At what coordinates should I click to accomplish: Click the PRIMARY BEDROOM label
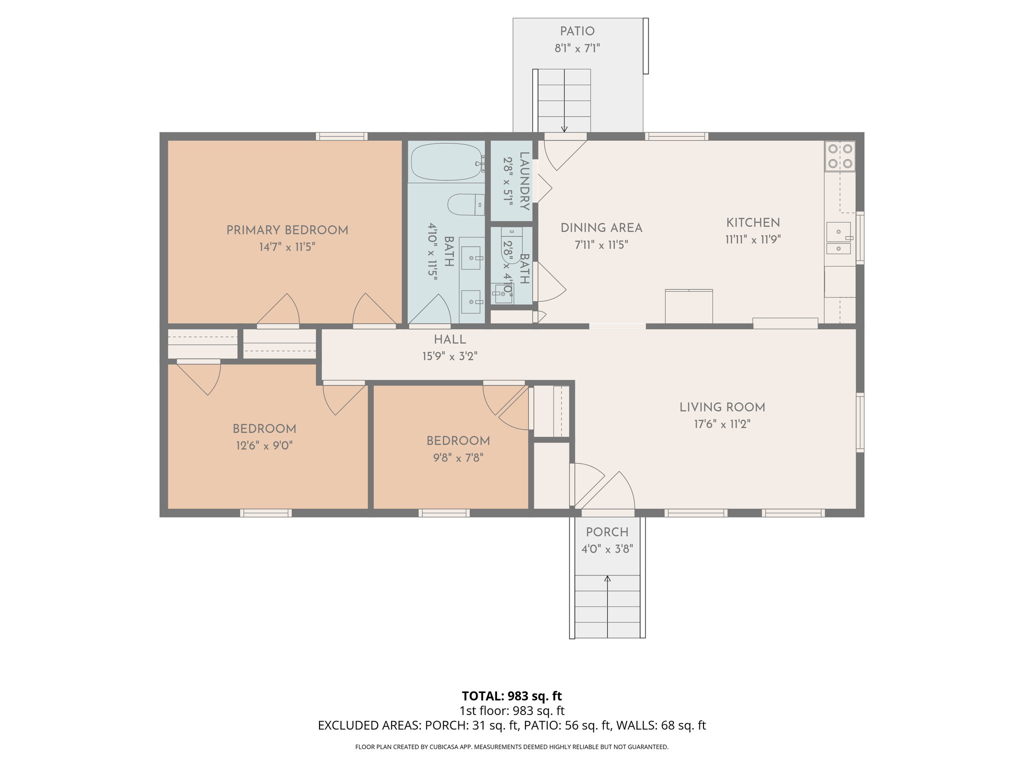click(287, 230)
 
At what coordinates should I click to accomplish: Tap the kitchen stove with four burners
click(839, 155)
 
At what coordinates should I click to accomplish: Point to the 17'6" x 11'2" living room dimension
click(722, 424)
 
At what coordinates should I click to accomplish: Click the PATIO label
click(577, 31)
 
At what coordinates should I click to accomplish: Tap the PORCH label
click(607, 532)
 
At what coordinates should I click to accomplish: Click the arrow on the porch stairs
click(607, 579)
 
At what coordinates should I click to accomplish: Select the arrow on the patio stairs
click(564, 128)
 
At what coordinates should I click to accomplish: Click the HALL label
click(450, 339)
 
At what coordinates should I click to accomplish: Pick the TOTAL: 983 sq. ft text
click(511, 696)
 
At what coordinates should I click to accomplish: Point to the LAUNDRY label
click(524, 181)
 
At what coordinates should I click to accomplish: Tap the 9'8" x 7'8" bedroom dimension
click(458, 458)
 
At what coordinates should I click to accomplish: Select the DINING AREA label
click(601, 228)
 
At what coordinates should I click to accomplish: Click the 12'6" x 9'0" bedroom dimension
click(264, 445)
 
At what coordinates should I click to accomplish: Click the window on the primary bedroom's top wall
click(341, 136)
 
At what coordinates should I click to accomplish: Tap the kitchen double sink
click(838, 238)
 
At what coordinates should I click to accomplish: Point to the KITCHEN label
click(752, 222)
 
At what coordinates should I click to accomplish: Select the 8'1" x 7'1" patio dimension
click(577, 48)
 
